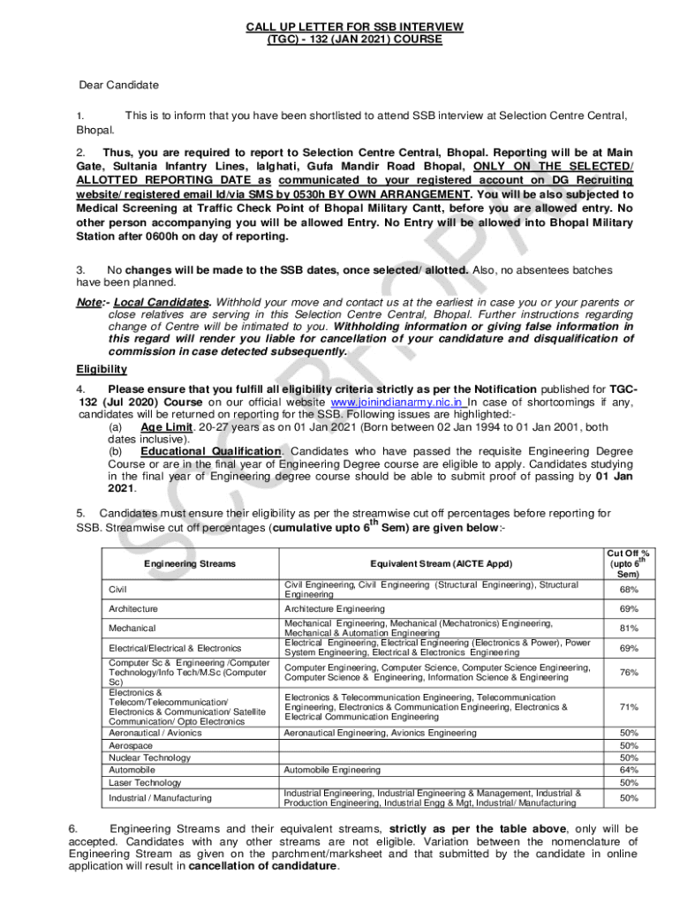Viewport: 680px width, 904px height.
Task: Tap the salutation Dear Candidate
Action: click(x=119, y=86)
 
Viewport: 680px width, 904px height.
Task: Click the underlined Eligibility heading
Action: click(x=102, y=369)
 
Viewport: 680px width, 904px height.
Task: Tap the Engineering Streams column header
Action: click(x=190, y=563)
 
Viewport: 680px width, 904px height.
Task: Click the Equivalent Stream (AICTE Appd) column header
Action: click(x=441, y=563)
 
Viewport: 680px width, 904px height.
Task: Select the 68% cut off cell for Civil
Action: click(x=629, y=590)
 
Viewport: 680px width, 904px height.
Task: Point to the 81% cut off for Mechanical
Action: click(x=629, y=628)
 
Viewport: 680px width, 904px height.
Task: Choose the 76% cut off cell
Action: click(x=629, y=673)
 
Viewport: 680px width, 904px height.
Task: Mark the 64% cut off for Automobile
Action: click(x=629, y=770)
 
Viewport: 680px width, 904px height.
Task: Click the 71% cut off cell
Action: click(x=629, y=707)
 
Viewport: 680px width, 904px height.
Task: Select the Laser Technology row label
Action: click(x=144, y=782)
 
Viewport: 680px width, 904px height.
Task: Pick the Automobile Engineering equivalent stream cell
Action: click(x=332, y=770)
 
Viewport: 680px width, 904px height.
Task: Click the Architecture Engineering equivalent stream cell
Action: click(x=335, y=609)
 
